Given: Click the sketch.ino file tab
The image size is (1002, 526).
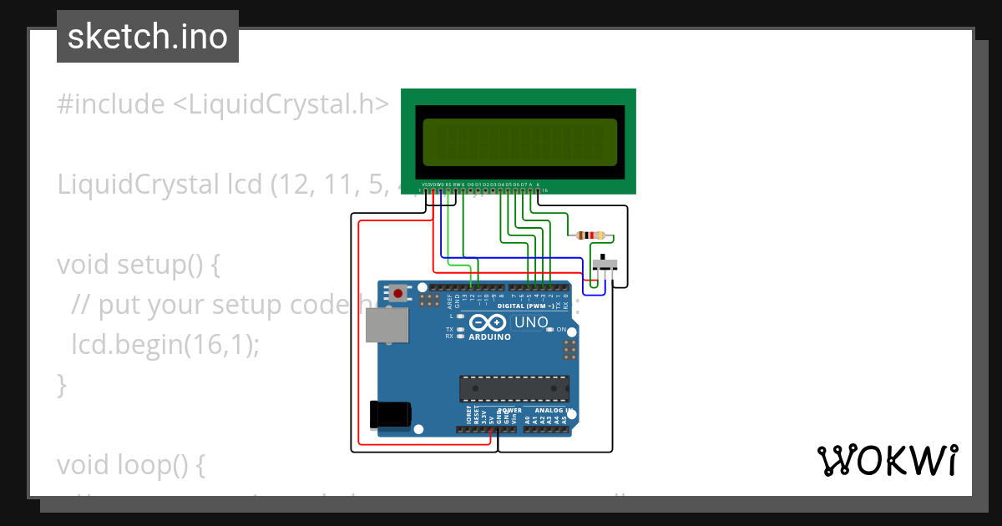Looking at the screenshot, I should (x=148, y=37).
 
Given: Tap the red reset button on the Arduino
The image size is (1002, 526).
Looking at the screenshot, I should (x=399, y=293).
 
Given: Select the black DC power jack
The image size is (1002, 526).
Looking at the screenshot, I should (x=390, y=414).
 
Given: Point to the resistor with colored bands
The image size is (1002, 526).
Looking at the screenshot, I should (x=591, y=236).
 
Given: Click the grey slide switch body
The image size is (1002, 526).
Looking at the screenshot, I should (x=605, y=265).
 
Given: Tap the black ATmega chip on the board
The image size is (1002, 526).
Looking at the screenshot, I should (x=514, y=389).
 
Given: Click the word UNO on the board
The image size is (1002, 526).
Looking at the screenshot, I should (x=531, y=322).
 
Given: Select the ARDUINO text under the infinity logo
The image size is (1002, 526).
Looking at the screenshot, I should (x=489, y=337).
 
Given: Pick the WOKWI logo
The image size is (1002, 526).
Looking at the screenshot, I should (x=887, y=460).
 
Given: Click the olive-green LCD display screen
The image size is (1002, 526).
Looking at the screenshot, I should (x=519, y=141).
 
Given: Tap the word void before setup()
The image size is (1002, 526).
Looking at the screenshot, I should (x=84, y=265).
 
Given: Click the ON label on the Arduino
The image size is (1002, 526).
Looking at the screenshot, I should (x=561, y=330).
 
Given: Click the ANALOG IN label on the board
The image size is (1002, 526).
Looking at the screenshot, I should (x=553, y=411).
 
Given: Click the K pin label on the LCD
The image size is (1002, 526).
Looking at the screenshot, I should (x=538, y=184).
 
